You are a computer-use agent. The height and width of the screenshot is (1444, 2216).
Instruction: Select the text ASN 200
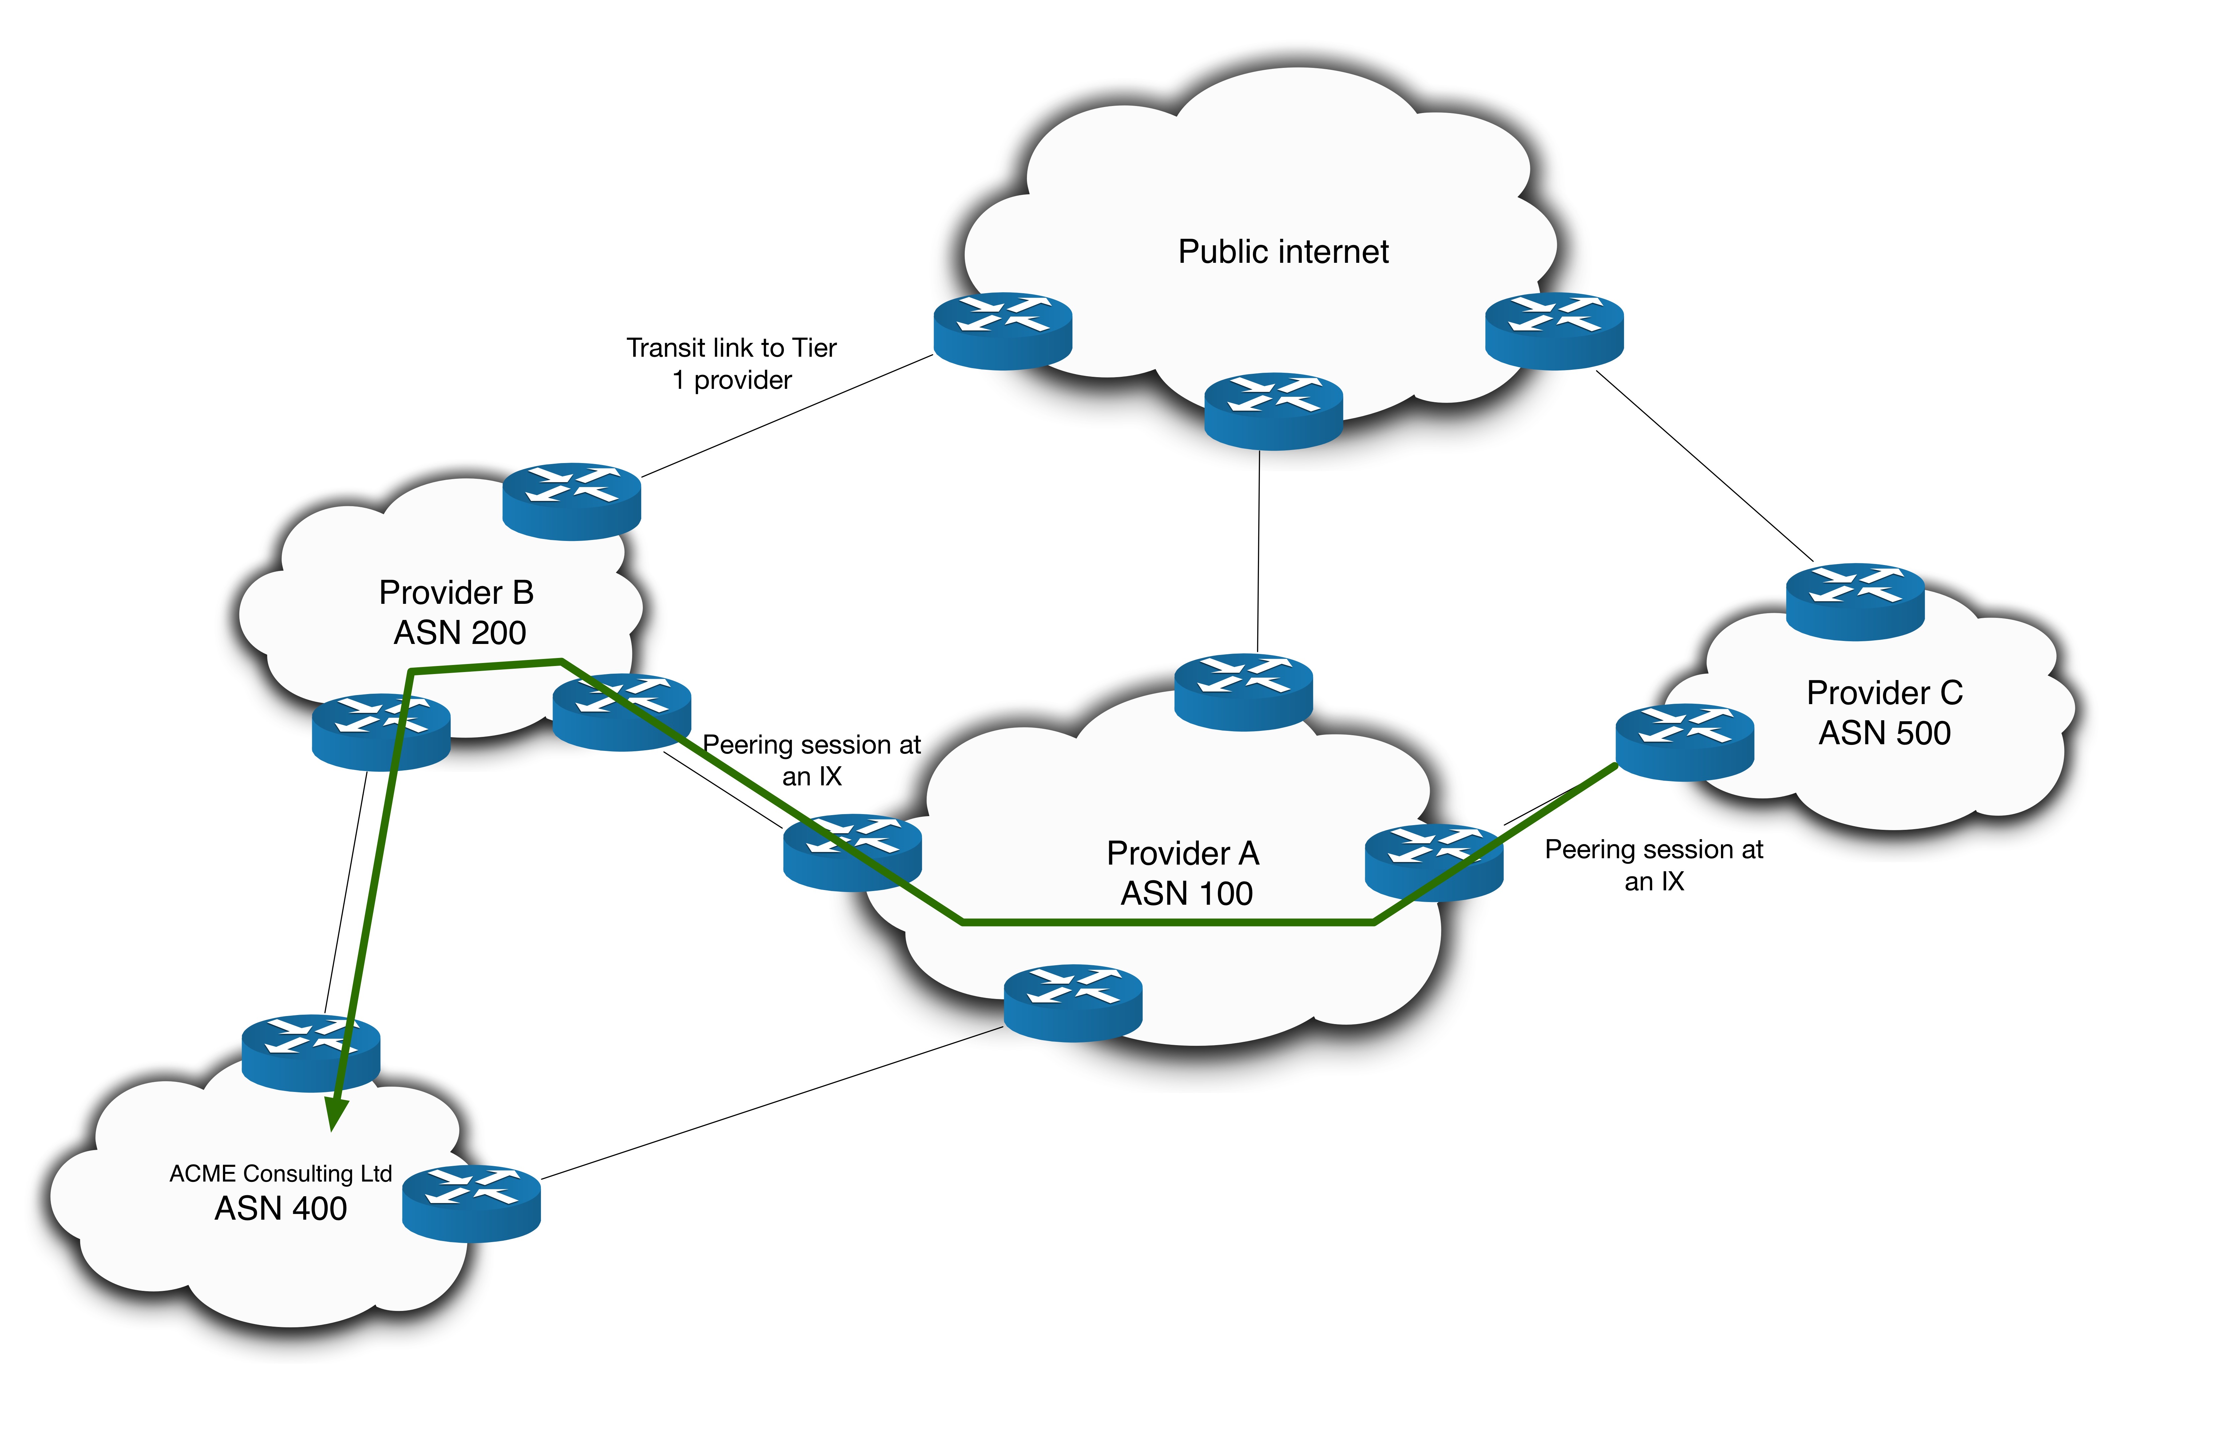pyautogui.click(x=460, y=633)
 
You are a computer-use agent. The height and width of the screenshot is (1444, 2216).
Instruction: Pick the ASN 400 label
pyautogui.click(x=280, y=1208)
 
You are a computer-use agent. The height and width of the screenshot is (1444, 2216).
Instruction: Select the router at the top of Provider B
pyautogui.click(x=572, y=501)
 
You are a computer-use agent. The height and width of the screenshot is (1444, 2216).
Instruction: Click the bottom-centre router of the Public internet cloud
pyautogui.click(x=1273, y=412)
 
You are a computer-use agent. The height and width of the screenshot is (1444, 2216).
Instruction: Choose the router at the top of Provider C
pyautogui.click(x=1855, y=601)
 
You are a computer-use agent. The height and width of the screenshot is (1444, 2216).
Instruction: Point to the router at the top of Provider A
pyautogui.click(x=1243, y=692)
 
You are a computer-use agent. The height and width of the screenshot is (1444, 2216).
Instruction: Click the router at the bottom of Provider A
pyautogui.click(x=1073, y=1003)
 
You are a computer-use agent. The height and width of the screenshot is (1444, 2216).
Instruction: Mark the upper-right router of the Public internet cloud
pyautogui.click(x=1554, y=331)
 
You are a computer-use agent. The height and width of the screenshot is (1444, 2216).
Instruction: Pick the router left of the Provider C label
pyautogui.click(x=1684, y=742)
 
